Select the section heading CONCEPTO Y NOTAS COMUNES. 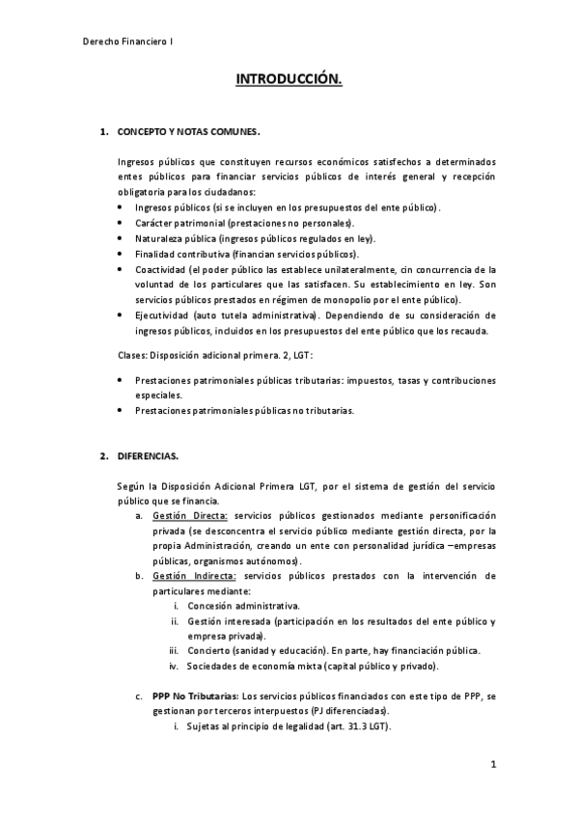click(188, 129)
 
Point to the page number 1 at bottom click(492, 765)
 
